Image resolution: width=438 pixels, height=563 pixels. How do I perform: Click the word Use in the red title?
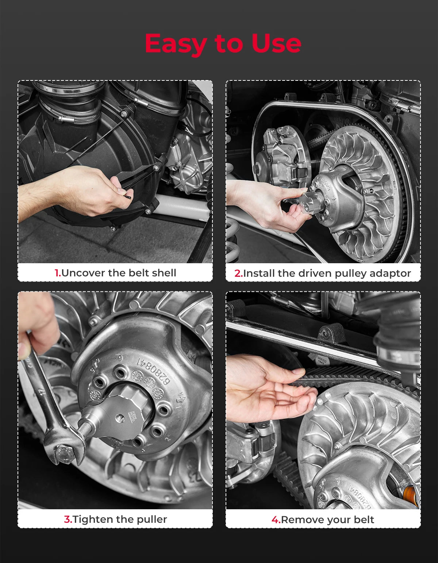(276, 43)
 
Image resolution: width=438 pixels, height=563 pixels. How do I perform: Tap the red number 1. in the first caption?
(58, 273)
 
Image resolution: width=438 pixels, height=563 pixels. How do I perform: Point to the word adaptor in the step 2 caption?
(390, 274)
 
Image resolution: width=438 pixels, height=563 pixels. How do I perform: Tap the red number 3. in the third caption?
(68, 519)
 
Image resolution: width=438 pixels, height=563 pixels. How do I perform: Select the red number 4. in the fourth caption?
(276, 520)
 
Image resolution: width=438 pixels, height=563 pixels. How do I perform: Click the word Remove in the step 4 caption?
(299, 520)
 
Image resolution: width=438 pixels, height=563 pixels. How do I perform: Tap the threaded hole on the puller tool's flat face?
(119, 417)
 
